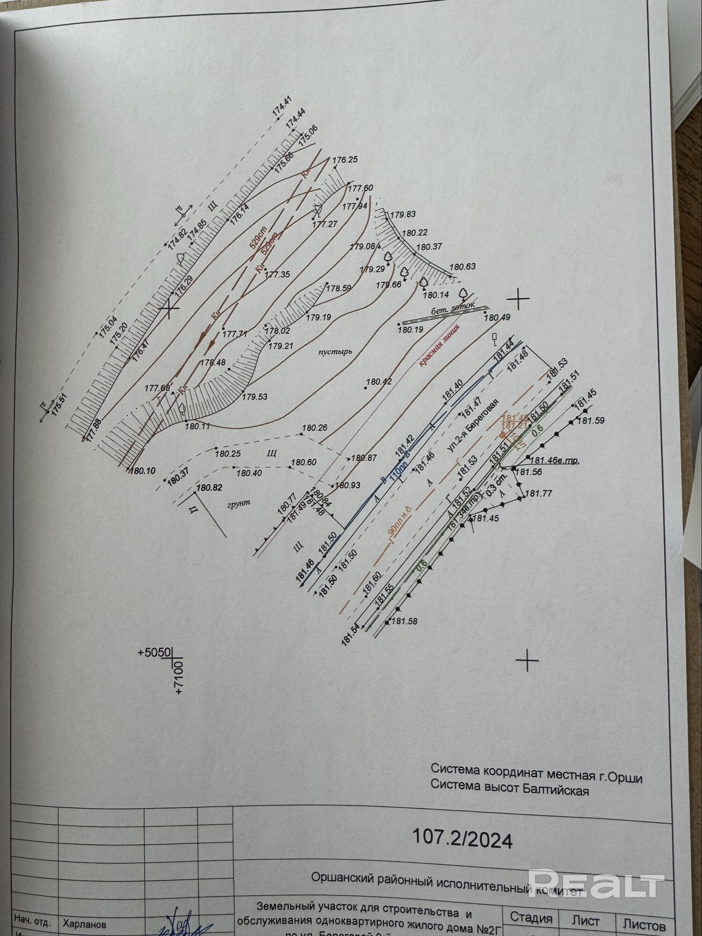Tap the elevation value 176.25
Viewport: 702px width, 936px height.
click(x=345, y=160)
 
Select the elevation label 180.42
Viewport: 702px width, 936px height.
click(x=379, y=381)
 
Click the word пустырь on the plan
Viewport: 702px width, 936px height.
click(x=334, y=351)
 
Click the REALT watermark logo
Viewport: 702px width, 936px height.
click(x=596, y=884)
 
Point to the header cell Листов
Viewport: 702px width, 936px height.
click(x=644, y=925)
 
